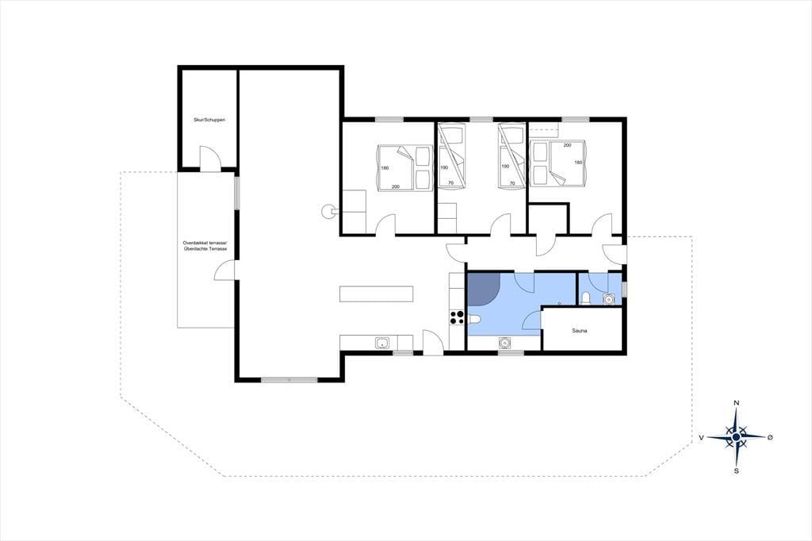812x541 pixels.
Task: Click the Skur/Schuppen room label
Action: pos(209,120)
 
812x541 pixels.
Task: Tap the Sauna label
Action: pos(580,330)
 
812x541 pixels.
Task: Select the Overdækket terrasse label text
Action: pos(205,243)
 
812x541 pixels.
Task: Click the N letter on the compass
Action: pos(737,403)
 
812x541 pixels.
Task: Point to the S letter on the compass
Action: pos(737,471)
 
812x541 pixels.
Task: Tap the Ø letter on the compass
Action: pos(770,437)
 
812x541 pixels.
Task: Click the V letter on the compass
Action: pos(701,437)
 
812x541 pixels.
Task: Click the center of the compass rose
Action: pos(737,437)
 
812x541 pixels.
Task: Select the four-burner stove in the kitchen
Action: pos(457,317)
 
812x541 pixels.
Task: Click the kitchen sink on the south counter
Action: pos(382,343)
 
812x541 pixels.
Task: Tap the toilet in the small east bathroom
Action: pos(586,298)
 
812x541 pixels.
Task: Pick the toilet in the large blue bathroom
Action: pos(475,319)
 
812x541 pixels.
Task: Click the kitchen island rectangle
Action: pos(377,294)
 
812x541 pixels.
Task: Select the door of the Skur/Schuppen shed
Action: pos(210,157)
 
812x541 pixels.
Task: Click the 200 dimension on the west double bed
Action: pos(396,186)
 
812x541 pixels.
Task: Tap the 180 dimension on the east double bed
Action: pos(578,162)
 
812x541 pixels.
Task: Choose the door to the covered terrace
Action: pos(224,270)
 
